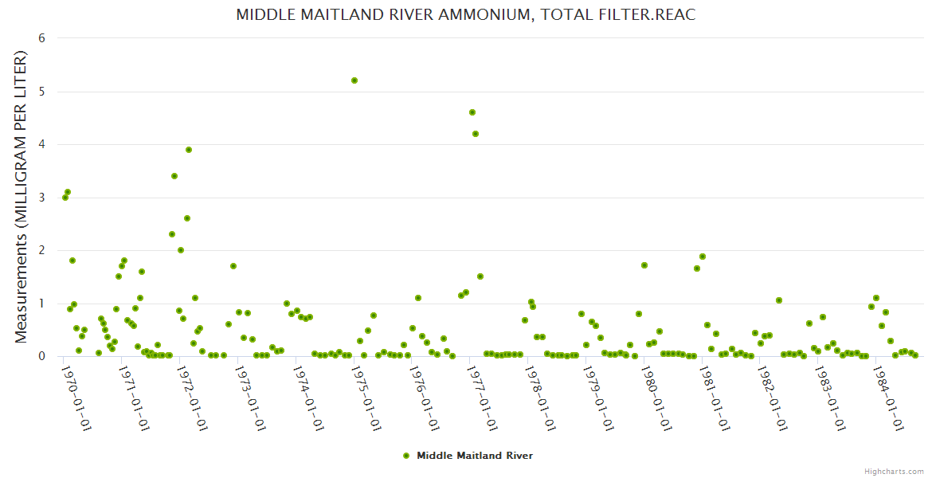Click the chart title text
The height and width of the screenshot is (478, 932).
(466, 15)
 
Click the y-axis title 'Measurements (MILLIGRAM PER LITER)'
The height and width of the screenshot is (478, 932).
(22, 198)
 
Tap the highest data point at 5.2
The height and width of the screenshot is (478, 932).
(354, 80)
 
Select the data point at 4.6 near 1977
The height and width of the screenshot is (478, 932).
(472, 112)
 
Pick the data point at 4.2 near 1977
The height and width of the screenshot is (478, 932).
(476, 134)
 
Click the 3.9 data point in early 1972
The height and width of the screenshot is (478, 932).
(189, 150)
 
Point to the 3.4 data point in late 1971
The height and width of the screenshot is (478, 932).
(174, 176)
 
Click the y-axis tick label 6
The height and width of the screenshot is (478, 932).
(41, 38)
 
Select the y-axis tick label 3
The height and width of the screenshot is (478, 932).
(41, 198)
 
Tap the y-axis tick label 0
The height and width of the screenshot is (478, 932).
(41, 356)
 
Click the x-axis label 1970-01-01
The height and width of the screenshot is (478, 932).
(76, 398)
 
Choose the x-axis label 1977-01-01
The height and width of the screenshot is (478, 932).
(482, 398)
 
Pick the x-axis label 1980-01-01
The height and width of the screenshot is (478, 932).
(656, 398)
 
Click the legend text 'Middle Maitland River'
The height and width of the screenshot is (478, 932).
(475, 456)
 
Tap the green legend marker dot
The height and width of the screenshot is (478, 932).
(406, 456)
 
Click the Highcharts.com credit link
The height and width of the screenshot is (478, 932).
(894, 471)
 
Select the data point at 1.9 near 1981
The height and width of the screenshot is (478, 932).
(703, 257)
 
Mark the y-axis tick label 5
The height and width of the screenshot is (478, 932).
(41, 92)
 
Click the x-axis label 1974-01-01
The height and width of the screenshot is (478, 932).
(308, 398)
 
